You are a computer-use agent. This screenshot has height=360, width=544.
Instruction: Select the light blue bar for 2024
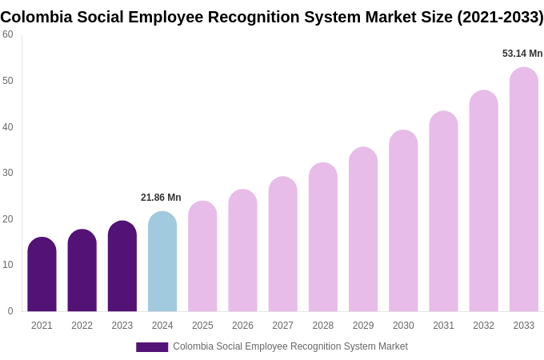(162, 262)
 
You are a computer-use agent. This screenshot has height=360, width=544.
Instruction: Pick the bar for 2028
(323, 238)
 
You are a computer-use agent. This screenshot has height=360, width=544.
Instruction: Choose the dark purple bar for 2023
(122, 266)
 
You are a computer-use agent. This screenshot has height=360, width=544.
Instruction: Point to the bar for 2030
(403, 221)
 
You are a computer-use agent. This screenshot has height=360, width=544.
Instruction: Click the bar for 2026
(242, 250)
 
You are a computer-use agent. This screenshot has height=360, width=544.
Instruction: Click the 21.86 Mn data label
(161, 198)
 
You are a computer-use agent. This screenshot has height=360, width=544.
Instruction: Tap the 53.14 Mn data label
(522, 54)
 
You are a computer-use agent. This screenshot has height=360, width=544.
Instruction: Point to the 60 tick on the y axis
(8, 34)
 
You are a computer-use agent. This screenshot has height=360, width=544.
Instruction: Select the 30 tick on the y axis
(8, 173)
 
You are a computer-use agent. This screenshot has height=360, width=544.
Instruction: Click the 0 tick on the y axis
(10, 311)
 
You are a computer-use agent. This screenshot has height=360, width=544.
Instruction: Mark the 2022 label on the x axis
(82, 326)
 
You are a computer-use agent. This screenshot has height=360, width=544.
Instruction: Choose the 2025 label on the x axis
(202, 326)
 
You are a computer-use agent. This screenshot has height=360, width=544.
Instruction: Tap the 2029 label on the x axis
(363, 326)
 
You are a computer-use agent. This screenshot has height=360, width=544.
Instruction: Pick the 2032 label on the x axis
(483, 326)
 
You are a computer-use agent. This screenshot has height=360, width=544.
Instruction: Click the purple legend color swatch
(152, 347)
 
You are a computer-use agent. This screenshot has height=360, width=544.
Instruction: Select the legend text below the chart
(290, 346)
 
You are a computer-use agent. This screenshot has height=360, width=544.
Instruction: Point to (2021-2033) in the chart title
(500, 17)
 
